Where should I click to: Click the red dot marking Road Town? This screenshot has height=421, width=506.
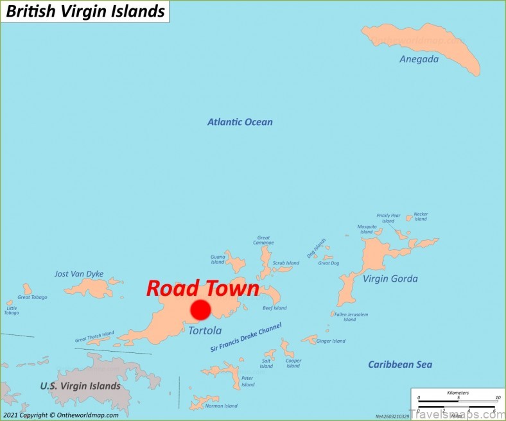[200, 310]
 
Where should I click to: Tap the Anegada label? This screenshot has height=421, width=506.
[419, 59]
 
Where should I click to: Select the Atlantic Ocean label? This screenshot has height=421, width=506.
[240, 122]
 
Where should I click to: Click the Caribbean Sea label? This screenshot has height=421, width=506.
[399, 365]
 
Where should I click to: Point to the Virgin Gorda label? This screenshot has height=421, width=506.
[390, 279]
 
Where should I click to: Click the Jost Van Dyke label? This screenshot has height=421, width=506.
[79, 274]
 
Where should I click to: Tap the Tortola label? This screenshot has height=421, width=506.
[205, 331]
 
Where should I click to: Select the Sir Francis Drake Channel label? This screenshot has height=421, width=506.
[246, 338]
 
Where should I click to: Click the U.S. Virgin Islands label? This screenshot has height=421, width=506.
[80, 386]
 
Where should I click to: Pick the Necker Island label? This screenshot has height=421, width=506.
[421, 216]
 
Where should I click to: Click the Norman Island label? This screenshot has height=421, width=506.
[221, 406]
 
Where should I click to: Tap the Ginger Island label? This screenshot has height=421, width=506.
[331, 341]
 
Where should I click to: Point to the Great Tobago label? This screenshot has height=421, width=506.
[32, 297]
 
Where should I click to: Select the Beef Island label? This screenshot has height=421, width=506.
[275, 308]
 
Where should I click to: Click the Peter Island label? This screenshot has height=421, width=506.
[248, 381]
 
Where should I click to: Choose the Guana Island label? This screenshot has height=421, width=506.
[218, 259]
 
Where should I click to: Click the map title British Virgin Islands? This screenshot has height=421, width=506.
[85, 11]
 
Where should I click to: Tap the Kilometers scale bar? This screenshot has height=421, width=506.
[458, 398]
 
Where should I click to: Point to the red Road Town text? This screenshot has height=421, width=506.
[202, 288]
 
